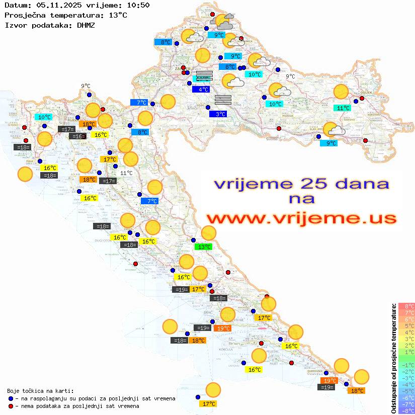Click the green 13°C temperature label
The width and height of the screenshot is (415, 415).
click(204, 247)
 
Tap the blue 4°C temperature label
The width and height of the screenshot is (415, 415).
click(201, 90)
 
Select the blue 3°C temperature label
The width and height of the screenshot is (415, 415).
click(218, 114)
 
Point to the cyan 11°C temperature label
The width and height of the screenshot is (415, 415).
click(344, 108)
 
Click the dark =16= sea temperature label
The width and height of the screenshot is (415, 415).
click(78, 136)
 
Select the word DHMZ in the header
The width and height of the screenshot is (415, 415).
click(86, 25)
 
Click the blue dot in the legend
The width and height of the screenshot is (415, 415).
click(11, 398)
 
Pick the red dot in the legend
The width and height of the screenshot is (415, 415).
click(11, 406)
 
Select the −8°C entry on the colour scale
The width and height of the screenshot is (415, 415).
click(406, 410)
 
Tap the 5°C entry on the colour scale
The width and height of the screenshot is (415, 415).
click(406, 325)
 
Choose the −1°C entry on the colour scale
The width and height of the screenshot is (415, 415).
click(406, 365)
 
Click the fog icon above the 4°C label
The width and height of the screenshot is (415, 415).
click(204, 76)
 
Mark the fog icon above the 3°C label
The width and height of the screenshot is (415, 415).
click(223, 99)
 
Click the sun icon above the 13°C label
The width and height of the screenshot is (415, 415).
click(209, 233)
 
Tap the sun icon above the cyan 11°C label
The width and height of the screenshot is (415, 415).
click(341, 92)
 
